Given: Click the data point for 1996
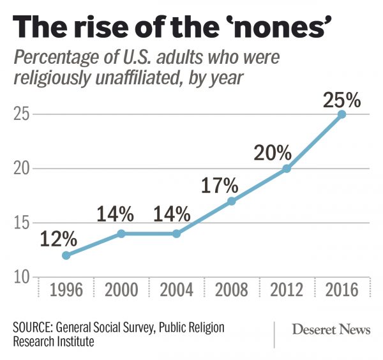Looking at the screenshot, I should pyautogui.click(x=66, y=255).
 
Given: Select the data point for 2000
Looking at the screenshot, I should pyautogui.click(x=121, y=234).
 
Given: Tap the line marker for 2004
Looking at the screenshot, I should pyautogui.click(x=176, y=234).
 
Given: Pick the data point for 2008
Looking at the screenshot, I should pyautogui.click(x=232, y=201).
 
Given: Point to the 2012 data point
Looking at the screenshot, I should pyautogui.click(x=287, y=169).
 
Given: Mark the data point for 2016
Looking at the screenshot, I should pyautogui.click(x=342, y=114).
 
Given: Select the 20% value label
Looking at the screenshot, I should pyautogui.click(x=273, y=153).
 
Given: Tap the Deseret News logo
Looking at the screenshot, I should pyautogui.click(x=330, y=330).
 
